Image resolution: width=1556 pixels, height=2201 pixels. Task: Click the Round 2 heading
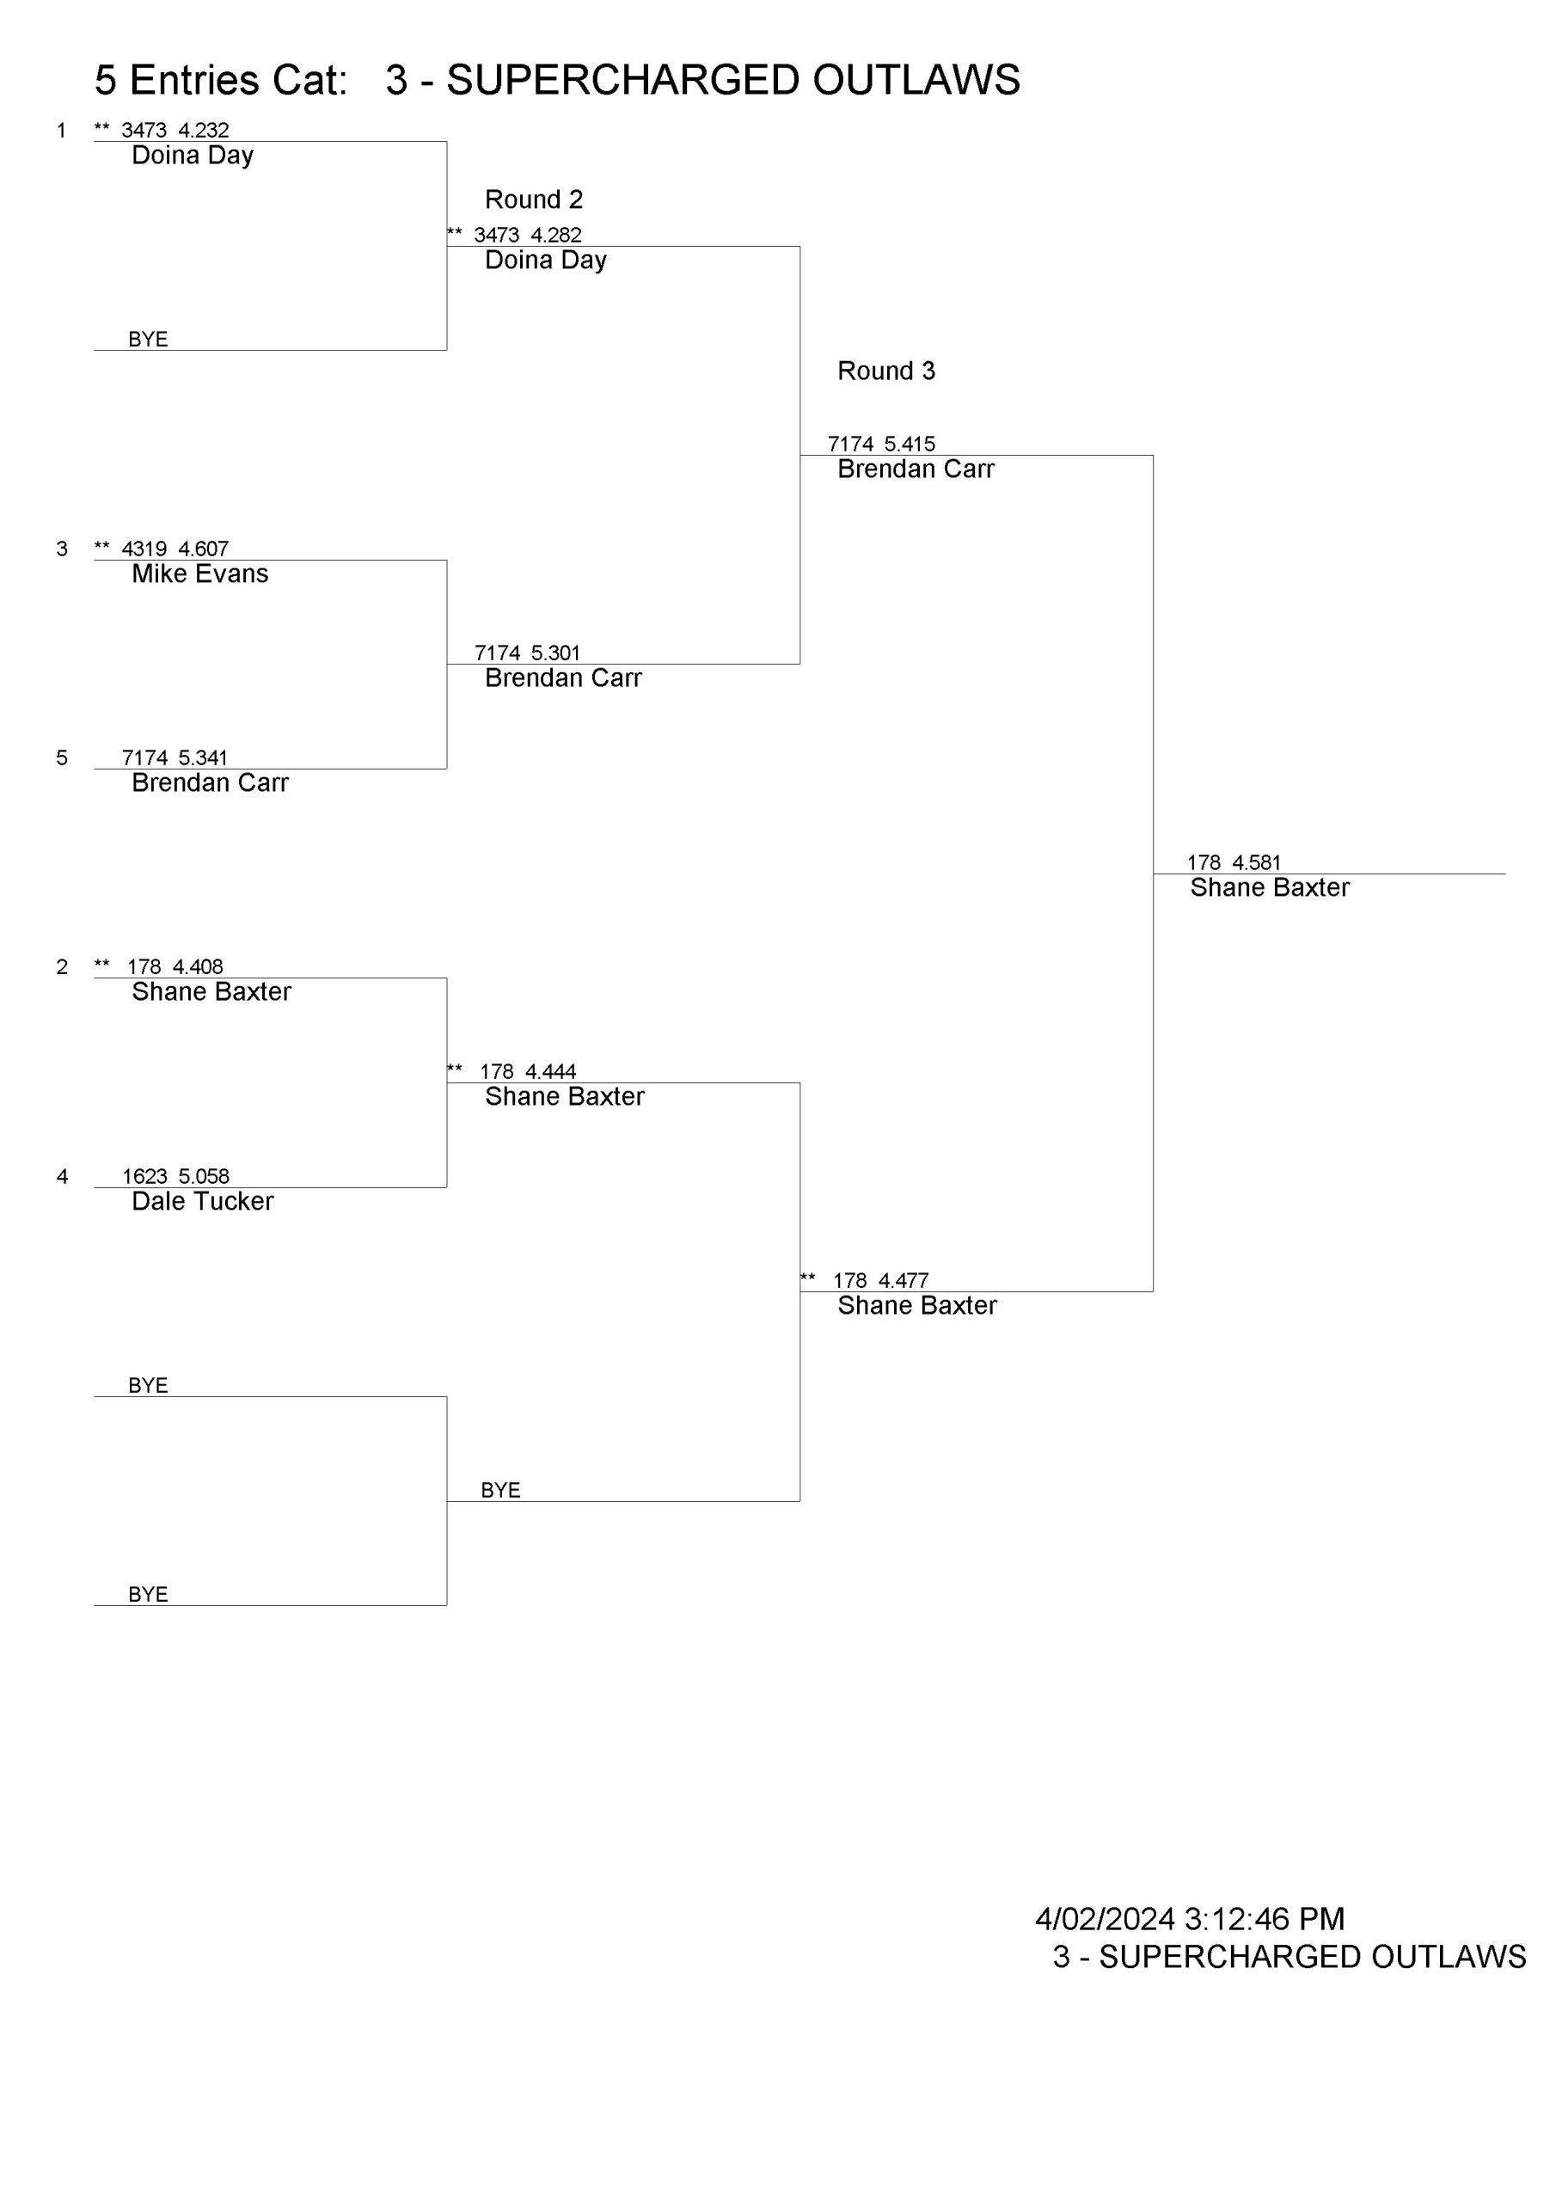click(x=534, y=199)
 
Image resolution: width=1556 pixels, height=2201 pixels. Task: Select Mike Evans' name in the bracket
click(x=200, y=573)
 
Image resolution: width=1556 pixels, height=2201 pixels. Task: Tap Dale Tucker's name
click(x=202, y=1201)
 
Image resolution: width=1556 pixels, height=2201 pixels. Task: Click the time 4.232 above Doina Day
click(x=203, y=131)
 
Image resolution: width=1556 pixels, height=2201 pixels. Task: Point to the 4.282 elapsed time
click(x=556, y=235)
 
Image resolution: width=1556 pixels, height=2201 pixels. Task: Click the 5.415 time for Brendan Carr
click(x=909, y=444)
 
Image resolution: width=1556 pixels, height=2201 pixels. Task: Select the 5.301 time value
click(x=555, y=653)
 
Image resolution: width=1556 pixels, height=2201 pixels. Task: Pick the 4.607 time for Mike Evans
click(x=203, y=549)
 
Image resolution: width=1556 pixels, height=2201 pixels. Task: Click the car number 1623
click(x=144, y=1176)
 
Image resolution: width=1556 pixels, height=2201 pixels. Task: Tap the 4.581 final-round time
click(x=1256, y=862)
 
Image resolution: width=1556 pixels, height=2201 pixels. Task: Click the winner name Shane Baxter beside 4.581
click(x=1270, y=887)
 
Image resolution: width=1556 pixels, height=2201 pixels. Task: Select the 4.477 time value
click(x=904, y=1281)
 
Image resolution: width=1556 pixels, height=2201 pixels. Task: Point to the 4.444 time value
click(x=550, y=1072)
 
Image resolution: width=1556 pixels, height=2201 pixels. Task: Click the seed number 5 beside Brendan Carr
click(x=62, y=758)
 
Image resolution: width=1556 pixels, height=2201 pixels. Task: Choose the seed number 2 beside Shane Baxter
click(x=62, y=967)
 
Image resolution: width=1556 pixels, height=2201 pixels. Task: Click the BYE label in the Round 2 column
click(x=500, y=1491)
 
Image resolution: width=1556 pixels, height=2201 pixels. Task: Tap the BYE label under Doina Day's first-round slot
click(x=148, y=340)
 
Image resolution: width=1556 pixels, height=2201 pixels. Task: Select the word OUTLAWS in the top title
click(x=916, y=81)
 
